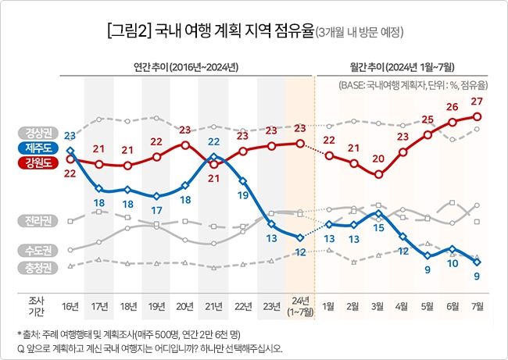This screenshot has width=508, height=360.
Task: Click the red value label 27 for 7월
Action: point(477,101)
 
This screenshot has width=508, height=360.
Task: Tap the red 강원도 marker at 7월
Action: point(477,116)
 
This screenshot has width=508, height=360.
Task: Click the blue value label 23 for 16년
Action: point(70,136)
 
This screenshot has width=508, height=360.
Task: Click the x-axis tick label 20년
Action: point(185,304)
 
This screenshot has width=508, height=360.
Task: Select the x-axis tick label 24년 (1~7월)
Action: point(300,305)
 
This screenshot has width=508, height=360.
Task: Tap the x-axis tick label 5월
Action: point(428,304)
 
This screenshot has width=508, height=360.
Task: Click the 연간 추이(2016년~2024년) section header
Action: point(185,65)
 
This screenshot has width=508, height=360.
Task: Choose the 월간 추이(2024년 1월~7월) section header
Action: point(403,65)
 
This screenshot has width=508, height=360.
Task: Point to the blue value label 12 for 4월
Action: point(403,251)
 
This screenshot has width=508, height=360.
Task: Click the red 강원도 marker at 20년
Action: point(185,144)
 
